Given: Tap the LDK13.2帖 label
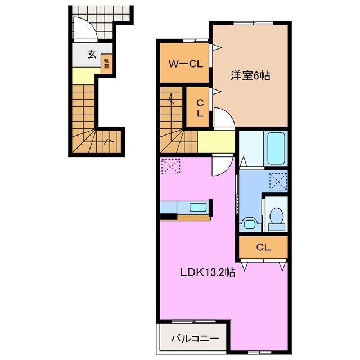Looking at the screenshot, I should [208, 273].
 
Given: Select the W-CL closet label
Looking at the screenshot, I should [182, 64].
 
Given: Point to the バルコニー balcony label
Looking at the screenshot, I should [193, 339].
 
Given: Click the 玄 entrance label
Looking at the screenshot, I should [91, 54].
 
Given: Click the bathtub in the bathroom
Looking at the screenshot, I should [276, 147].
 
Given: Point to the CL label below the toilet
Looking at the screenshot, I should [263, 246].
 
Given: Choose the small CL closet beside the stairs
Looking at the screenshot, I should [199, 106].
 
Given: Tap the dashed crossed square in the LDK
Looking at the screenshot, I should [170, 166].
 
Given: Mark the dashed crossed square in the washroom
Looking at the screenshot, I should [277, 181].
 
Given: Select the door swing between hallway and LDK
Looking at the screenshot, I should [223, 164].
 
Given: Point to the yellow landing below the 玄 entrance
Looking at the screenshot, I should [84, 75].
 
